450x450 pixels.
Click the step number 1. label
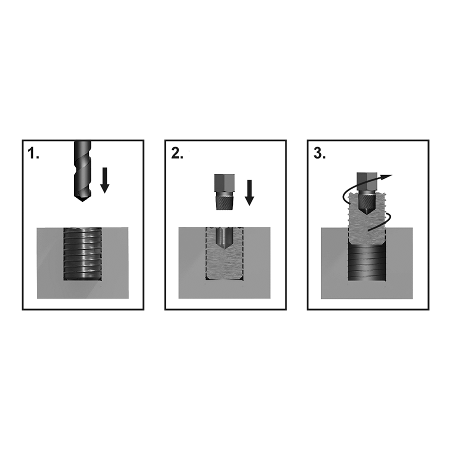tap(33, 153)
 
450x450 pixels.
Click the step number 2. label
tap(177, 153)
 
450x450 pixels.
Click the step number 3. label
tap(319, 153)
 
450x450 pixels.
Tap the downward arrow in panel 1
tap(105, 180)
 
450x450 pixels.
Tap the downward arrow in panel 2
tap(249, 192)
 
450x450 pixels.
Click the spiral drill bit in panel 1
tap(82, 171)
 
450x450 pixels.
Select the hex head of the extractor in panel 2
tap(224, 182)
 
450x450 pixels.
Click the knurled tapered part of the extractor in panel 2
tap(224, 200)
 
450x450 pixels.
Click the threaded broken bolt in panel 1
tap(82, 253)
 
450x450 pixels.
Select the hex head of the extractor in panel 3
tap(367, 181)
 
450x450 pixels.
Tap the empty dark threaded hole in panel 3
tap(367, 261)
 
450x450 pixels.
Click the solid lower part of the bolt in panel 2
tap(224, 264)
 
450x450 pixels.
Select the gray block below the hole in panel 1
tap(82, 289)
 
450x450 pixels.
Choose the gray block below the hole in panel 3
tap(367, 289)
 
